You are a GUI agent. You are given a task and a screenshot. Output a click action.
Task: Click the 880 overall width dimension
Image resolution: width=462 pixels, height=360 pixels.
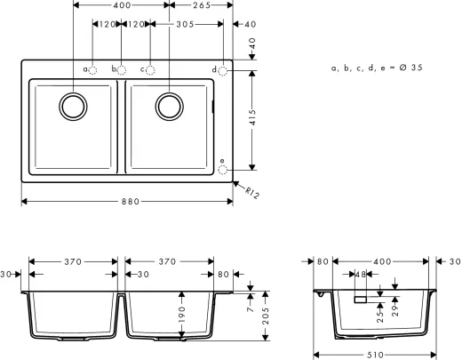pos(127,202)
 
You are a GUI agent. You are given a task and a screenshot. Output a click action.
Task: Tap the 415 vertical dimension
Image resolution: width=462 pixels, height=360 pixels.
pos(257,119)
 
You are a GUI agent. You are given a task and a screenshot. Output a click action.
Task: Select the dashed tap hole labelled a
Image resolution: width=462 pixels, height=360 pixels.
pos(93,69)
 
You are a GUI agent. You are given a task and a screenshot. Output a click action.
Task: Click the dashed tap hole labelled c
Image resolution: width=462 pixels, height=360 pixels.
pos(150,69)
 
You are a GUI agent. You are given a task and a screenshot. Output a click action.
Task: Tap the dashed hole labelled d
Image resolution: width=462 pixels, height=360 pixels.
pos(223,69)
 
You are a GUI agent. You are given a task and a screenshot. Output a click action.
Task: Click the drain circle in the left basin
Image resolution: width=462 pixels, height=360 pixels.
pos(72,106)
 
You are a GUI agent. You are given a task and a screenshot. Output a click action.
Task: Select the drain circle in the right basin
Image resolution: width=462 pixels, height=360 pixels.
pos(167,106)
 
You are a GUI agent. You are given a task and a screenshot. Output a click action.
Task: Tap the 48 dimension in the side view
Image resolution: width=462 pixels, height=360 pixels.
pos(360,275)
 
